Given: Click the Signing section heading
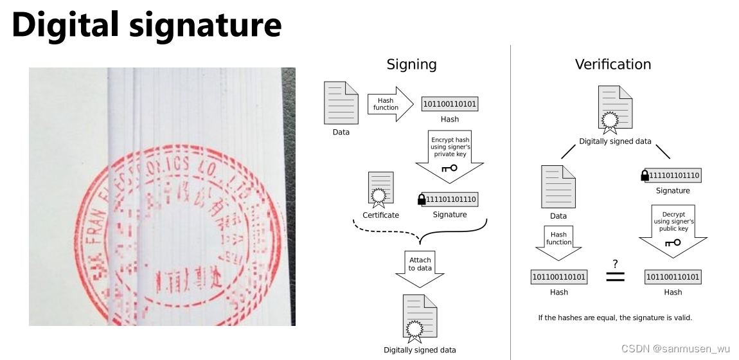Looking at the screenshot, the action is click(x=411, y=64).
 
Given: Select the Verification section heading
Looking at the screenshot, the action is click(x=612, y=64).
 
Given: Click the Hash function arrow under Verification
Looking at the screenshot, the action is click(x=558, y=240).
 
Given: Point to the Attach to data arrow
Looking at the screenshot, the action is click(x=420, y=267).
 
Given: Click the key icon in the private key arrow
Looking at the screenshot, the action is click(x=449, y=168).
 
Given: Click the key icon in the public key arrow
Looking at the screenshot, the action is click(x=673, y=243).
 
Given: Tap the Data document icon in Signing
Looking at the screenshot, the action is click(x=341, y=103).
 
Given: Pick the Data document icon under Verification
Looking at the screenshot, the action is click(x=558, y=186).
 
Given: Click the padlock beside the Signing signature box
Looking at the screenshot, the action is click(x=422, y=200).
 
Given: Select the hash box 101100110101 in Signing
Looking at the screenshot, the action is click(x=450, y=104).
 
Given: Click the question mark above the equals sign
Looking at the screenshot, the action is click(x=615, y=264).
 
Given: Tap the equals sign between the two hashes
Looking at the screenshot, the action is click(x=615, y=277).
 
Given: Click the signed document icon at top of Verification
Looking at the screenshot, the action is click(x=615, y=109).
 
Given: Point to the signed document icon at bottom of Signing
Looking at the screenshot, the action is click(x=420, y=318).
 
